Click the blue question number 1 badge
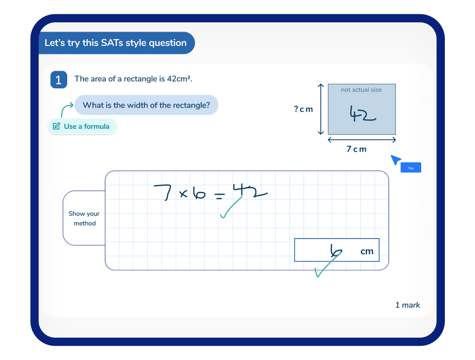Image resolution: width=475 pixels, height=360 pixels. tap(58, 80)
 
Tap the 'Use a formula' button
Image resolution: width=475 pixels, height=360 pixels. tap(83, 126)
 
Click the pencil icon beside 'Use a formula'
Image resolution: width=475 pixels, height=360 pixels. tap(56, 126)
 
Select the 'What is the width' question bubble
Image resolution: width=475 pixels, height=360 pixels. tap(146, 105)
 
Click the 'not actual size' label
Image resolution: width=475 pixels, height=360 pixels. tap(361, 89)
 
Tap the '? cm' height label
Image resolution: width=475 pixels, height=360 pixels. tap(303, 109)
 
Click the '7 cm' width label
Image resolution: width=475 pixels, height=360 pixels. tap(356, 149)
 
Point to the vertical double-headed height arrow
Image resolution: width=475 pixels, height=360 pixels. tap(321, 109)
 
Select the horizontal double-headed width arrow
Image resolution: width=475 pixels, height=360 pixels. tap(362, 140)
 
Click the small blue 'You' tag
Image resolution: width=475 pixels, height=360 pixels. tap(411, 168)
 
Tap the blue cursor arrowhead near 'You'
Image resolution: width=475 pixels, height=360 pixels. tap(395, 160)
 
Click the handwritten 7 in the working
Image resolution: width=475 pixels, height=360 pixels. tap(163, 193)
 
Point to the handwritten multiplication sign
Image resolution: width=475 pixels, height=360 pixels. tap(183, 194)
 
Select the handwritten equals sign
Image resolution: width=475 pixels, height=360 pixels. tap(219, 196)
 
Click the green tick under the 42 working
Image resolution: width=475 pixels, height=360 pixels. tap(231, 208)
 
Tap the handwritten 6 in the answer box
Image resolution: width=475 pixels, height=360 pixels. tap(336, 251)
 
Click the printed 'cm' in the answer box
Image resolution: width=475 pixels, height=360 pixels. tap(367, 251)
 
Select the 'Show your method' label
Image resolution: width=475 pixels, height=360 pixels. tap(84, 218)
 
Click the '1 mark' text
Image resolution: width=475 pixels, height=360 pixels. tap(407, 305)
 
